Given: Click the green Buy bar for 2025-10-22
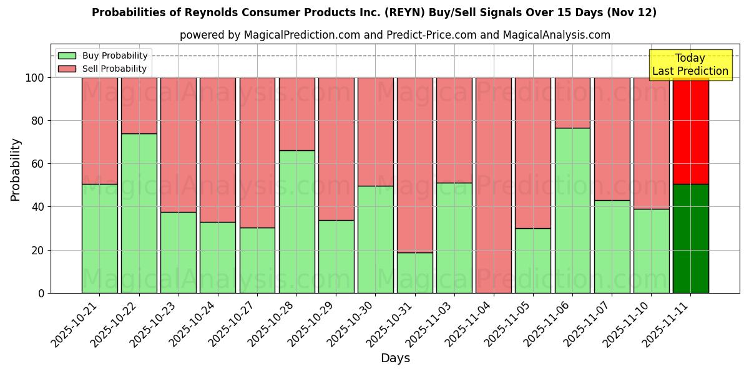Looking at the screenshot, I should (x=139, y=213).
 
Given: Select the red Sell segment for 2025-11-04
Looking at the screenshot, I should (x=494, y=185).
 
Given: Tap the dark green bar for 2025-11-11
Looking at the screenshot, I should (x=690, y=238).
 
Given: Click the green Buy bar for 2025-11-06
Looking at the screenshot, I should (x=572, y=210).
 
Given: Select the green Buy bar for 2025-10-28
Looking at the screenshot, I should (x=296, y=221).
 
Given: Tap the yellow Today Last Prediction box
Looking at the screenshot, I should (x=690, y=65).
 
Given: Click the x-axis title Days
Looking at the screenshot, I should (x=395, y=358).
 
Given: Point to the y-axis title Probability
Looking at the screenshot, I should (x=16, y=170).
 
